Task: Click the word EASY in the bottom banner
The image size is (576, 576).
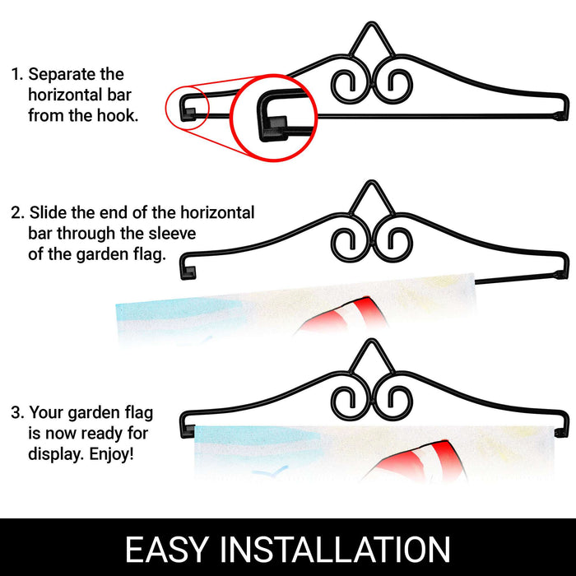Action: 167,549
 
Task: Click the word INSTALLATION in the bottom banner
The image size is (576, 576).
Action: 335,549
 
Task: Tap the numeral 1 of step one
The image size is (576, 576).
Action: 16,74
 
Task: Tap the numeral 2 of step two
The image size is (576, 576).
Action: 16,212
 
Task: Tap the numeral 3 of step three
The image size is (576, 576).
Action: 16,412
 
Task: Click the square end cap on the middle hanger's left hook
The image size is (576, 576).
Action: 188,273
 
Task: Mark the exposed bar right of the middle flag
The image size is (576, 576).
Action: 518,278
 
